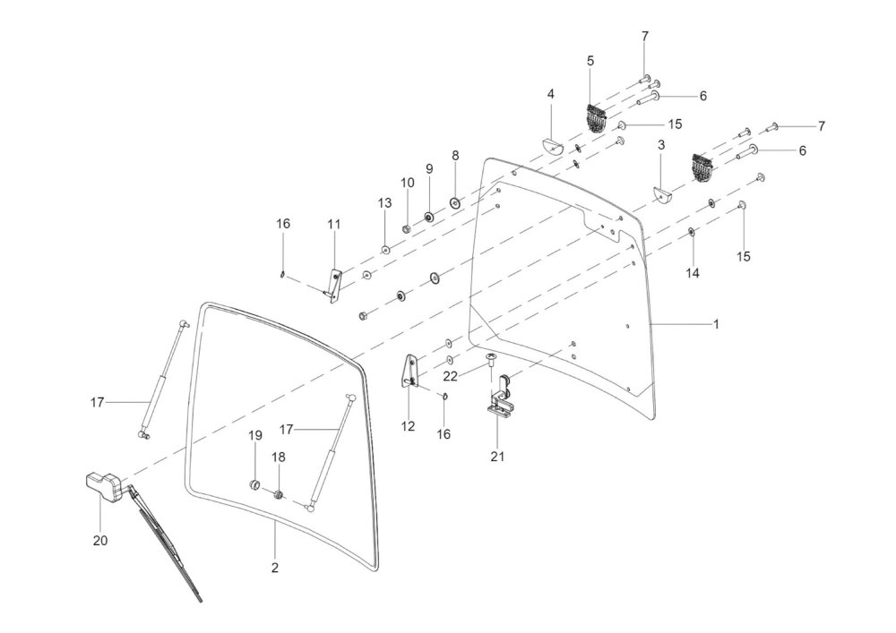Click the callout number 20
point(100,540)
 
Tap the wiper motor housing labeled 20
point(103,487)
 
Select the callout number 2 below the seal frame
point(275,568)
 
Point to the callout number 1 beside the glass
point(716,324)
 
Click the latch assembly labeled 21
point(498,396)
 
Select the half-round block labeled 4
point(553,146)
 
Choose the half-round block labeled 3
point(663,194)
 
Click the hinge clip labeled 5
point(595,119)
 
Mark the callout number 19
point(254,435)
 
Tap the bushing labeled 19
point(254,486)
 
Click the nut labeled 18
point(279,494)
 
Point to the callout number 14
point(692,273)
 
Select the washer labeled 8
point(455,202)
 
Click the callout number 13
point(384,202)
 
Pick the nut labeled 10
point(406,227)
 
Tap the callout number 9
point(429,168)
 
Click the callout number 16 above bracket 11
point(283,224)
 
